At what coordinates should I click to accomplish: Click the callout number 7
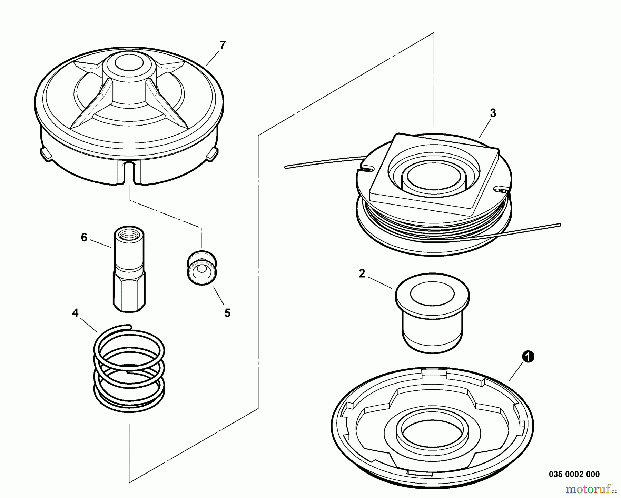223,45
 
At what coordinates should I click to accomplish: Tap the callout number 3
493,113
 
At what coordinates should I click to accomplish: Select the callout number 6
84,237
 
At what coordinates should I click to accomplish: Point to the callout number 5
227,313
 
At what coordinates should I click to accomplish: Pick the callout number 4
75,313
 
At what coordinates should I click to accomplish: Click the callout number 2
362,273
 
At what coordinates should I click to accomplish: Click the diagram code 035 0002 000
574,474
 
